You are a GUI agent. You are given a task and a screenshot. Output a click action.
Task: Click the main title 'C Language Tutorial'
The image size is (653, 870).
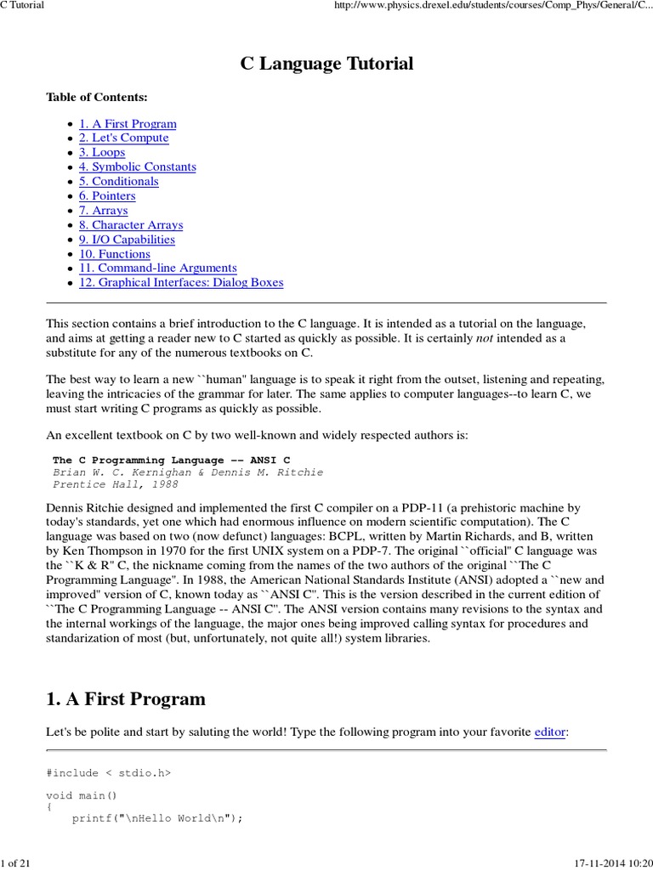point(326,64)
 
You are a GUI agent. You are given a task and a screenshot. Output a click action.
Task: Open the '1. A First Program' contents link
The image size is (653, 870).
point(128,123)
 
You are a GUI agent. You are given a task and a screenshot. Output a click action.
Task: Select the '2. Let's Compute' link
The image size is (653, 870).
point(123,138)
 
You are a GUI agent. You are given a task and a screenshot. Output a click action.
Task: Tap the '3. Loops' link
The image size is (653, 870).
point(102,152)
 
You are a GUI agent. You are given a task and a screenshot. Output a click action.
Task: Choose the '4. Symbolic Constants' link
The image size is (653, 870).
point(137,167)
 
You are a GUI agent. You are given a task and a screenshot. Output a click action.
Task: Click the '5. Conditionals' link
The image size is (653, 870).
point(118,181)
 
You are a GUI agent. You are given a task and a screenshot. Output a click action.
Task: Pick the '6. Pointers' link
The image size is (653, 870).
point(107,195)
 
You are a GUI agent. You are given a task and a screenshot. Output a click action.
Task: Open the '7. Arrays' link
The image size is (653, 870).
point(103,210)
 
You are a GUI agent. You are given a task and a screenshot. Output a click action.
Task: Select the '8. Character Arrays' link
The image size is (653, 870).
point(131,225)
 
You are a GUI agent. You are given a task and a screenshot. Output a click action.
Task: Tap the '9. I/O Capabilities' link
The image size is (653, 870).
point(127,240)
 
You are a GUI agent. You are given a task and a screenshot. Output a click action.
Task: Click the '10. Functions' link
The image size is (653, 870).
point(114,254)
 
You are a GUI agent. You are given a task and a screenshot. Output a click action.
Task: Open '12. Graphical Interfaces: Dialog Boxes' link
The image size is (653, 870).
point(181,283)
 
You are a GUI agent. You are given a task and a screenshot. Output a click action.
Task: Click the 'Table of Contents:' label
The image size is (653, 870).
point(96,98)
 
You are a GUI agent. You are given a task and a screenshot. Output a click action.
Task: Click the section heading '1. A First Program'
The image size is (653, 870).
point(126,699)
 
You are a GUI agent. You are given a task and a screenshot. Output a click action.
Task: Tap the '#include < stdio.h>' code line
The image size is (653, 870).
point(108,772)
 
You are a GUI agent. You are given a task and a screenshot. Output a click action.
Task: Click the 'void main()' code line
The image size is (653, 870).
point(82,796)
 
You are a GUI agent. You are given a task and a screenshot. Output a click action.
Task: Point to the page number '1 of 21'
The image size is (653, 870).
point(16,863)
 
